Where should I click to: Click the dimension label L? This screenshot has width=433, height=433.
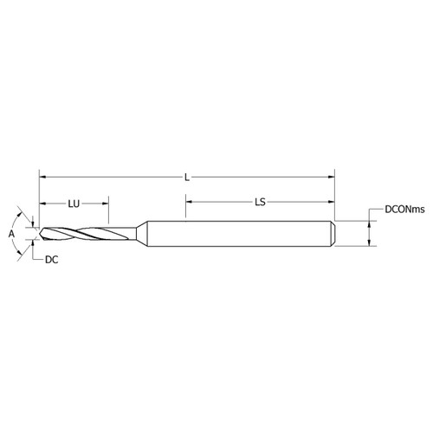tap(187, 177)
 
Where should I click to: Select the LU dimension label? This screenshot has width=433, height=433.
tap(74, 204)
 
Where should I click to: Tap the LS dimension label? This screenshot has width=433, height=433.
tap(259, 204)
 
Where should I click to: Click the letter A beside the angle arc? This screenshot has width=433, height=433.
tap(11, 234)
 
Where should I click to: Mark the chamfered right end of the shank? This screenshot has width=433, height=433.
tap(333, 234)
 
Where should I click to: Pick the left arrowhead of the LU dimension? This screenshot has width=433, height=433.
tap(42, 204)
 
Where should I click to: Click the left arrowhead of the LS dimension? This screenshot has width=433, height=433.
tap(187, 204)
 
